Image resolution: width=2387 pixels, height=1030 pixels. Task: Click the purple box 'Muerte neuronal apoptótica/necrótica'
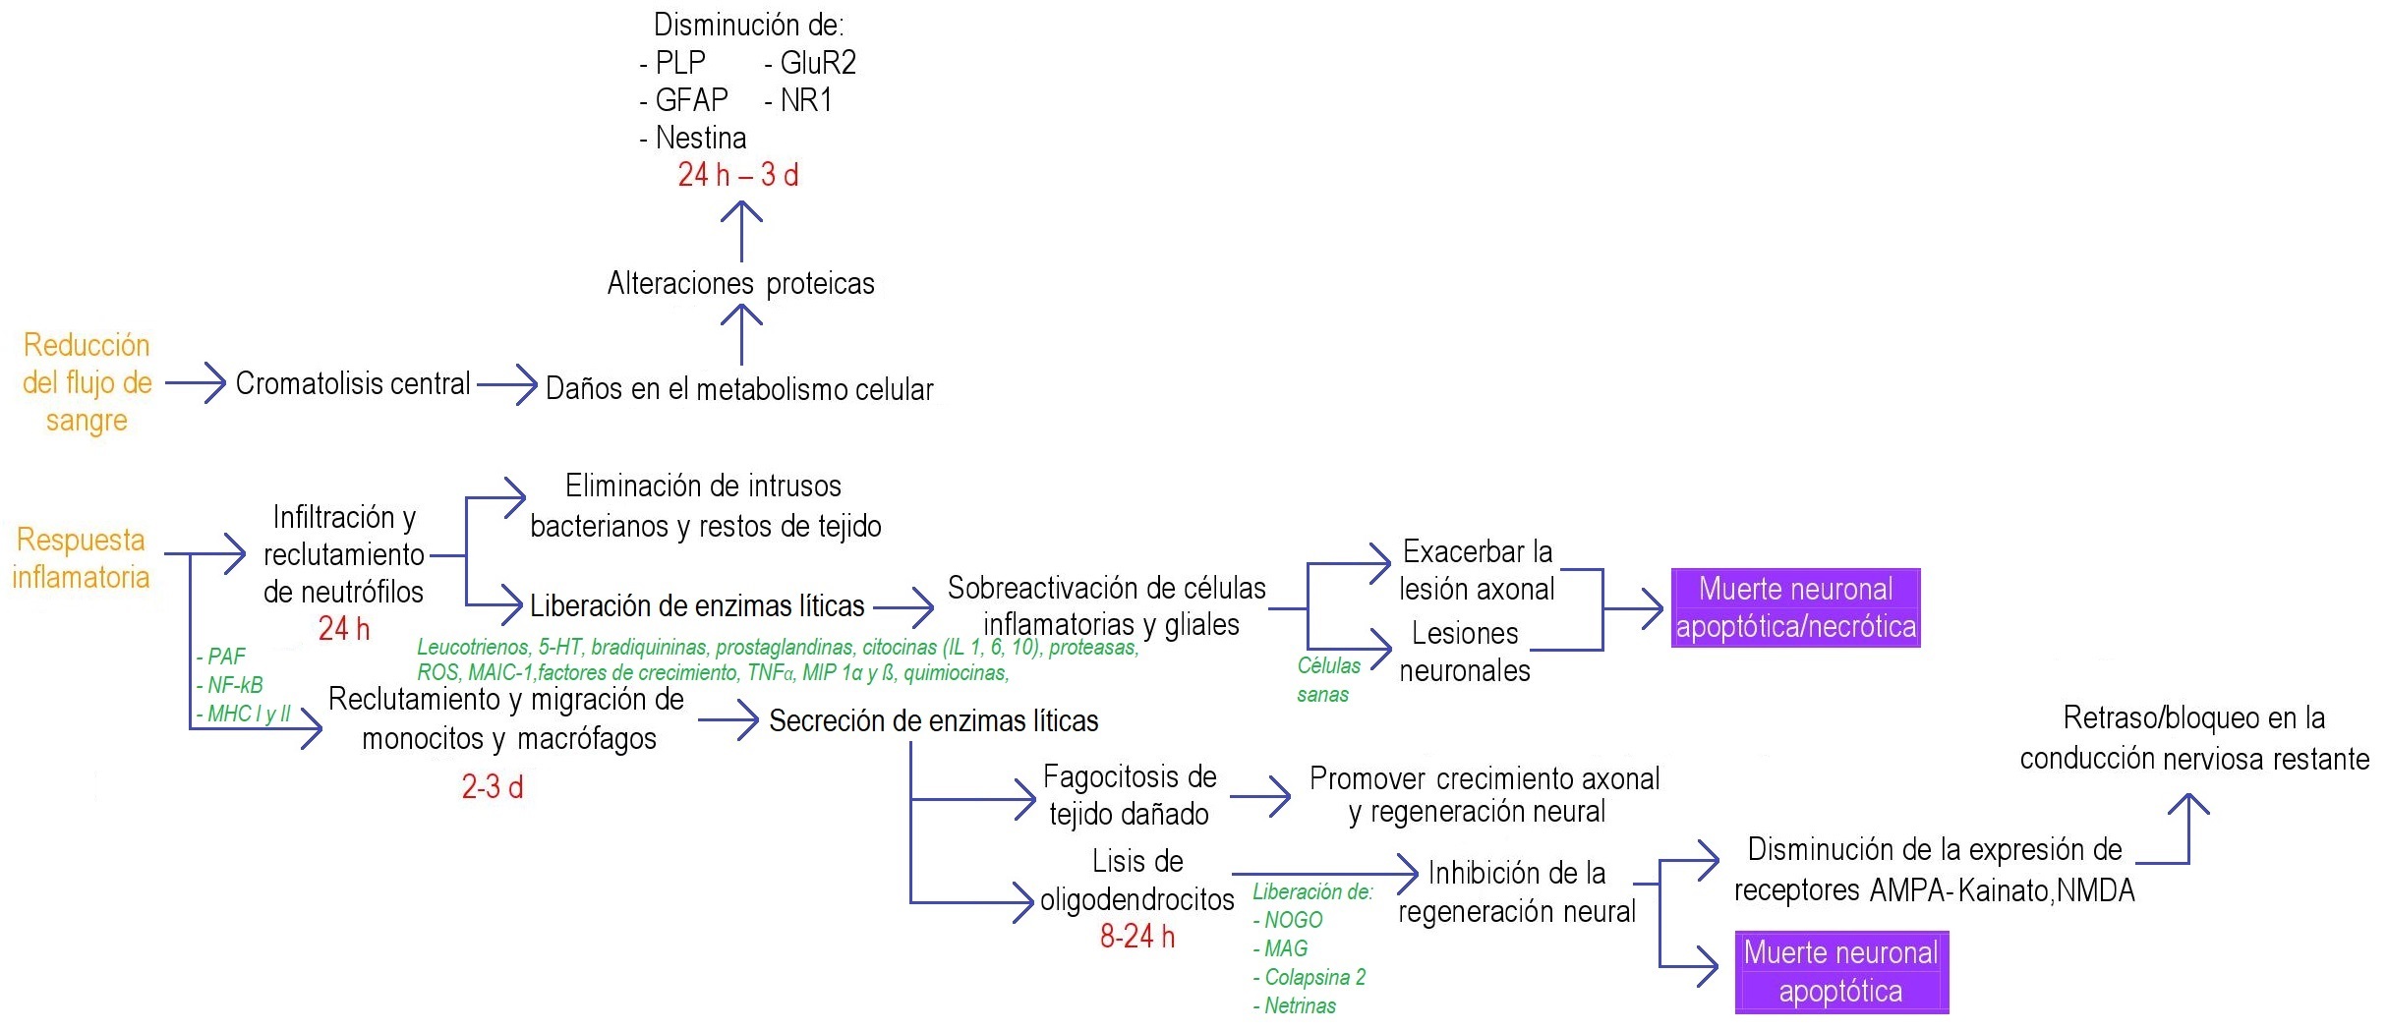pyautogui.click(x=1795, y=607)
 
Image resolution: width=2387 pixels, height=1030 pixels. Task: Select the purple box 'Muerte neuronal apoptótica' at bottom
pyautogui.click(x=1840, y=971)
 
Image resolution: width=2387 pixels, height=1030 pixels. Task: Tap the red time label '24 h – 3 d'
pyautogui.click(x=737, y=175)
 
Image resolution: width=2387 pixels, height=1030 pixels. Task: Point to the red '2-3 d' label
pyautogui.click(x=492, y=786)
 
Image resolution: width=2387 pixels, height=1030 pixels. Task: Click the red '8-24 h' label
pyautogui.click(x=1136, y=936)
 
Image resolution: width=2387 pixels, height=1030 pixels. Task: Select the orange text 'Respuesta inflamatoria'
pyautogui.click(x=81, y=558)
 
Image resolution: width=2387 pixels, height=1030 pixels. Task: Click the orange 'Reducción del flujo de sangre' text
pyautogui.click(x=87, y=382)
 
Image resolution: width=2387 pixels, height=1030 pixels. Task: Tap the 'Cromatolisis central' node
pyautogui.click(x=353, y=383)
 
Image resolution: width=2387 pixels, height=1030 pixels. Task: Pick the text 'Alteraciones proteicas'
pyautogui.click(x=740, y=283)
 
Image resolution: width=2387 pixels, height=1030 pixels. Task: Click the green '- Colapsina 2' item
pyautogui.click(x=1310, y=977)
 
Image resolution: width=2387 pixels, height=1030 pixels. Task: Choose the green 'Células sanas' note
pyautogui.click(x=1327, y=679)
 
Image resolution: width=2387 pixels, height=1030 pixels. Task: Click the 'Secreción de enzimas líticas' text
pyautogui.click(x=933, y=720)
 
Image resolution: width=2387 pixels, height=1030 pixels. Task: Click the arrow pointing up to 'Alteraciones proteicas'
pyautogui.click(x=741, y=334)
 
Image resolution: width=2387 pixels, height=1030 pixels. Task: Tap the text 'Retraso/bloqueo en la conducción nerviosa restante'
pyautogui.click(x=2193, y=738)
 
